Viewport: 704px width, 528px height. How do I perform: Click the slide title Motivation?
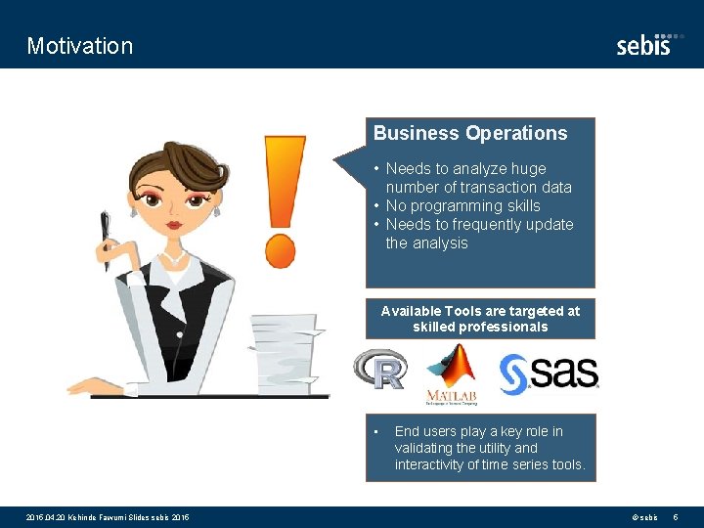(80, 46)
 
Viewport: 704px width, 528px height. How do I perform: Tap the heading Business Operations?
(470, 133)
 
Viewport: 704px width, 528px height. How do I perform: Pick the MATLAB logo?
(451, 374)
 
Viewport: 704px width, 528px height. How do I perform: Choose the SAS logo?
(549, 372)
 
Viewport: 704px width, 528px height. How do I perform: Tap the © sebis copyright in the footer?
(644, 516)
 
